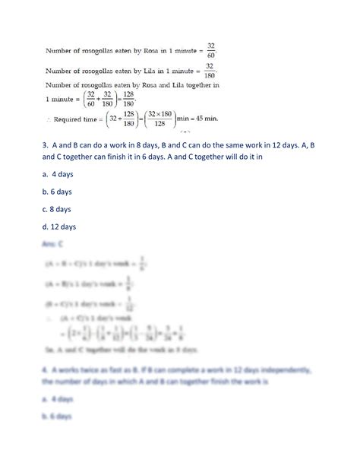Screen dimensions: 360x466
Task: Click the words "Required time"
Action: coord(83,119)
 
